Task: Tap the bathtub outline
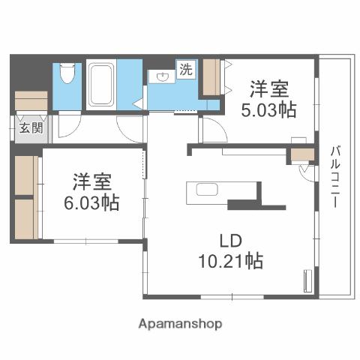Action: pyautogui.click(x=100, y=85)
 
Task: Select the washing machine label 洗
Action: pyautogui.click(x=184, y=70)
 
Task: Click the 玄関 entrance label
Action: pyautogui.click(x=31, y=127)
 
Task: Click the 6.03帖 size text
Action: pyautogui.click(x=92, y=202)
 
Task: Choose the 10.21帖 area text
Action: pyautogui.click(x=230, y=262)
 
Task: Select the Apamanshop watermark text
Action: pyautogui.click(x=180, y=324)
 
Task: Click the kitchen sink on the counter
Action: pyautogui.click(x=207, y=190)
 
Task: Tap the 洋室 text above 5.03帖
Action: pyautogui.click(x=269, y=89)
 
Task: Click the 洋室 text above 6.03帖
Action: pyautogui.click(x=92, y=181)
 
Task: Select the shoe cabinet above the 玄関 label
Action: pyautogui.click(x=30, y=100)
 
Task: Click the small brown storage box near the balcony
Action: pyautogui.click(x=302, y=156)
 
